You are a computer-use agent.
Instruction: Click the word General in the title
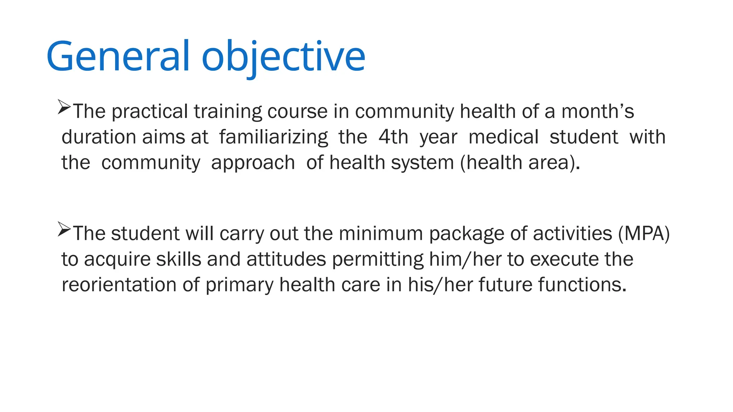[117, 57]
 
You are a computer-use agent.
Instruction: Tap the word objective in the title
[283, 57]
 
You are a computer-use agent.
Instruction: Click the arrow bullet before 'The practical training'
[64, 107]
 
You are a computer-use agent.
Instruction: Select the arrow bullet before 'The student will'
[64, 229]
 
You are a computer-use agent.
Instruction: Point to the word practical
[150, 112]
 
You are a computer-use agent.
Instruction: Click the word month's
[597, 111]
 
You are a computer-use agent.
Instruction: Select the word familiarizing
[273, 137]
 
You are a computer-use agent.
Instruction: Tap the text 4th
[393, 137]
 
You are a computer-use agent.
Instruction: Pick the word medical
[503, 137]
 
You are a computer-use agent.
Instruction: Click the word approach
[253, 163]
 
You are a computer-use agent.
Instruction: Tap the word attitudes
[286, 259]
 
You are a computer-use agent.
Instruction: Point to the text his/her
[440, 285]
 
